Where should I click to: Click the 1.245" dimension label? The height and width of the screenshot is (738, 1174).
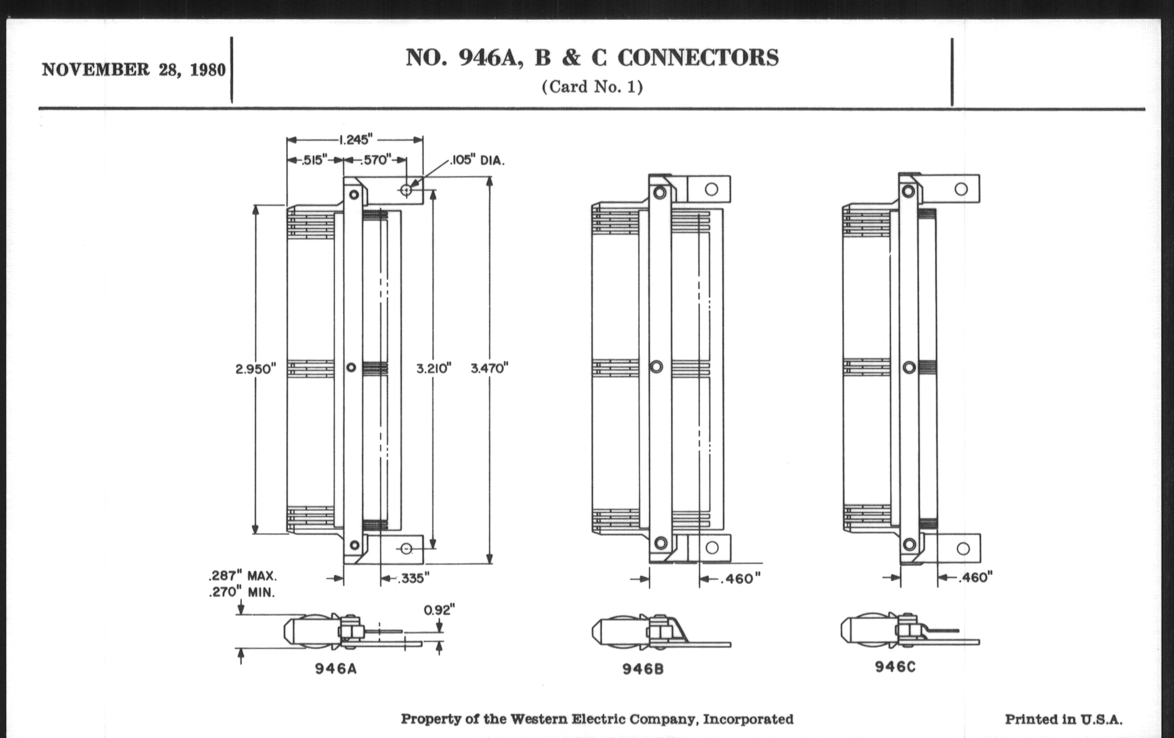tap(355, 140)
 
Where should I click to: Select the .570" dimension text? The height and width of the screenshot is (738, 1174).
tap(376, 160)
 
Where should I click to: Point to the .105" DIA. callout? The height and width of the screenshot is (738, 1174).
tap(477, 160)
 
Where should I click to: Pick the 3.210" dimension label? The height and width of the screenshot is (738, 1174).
tap(433, 368)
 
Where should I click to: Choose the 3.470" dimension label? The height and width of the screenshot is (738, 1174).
tap(489, 368)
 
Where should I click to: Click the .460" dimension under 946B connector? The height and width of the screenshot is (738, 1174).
tap(740, 578)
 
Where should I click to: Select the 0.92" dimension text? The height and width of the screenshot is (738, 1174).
tap(439, 609)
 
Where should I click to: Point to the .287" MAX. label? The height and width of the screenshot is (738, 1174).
tap(242, 576)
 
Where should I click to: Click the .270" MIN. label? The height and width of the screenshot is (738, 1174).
tap(241, 592)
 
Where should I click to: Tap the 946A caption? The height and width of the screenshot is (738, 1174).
tap(336, 669)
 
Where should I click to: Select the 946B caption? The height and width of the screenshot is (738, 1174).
tap(643, 670)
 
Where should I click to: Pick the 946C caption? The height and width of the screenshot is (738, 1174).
tap(895, 667)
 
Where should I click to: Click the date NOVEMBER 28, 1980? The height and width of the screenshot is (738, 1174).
tap(134, 69)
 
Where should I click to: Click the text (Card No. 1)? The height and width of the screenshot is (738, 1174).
tap(592, 87)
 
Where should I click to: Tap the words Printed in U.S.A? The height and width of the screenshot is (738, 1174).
tap(1063, 719)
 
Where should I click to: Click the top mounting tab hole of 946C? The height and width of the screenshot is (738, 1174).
tap(961, 189)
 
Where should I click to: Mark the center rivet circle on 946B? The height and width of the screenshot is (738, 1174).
tap(656, 366)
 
